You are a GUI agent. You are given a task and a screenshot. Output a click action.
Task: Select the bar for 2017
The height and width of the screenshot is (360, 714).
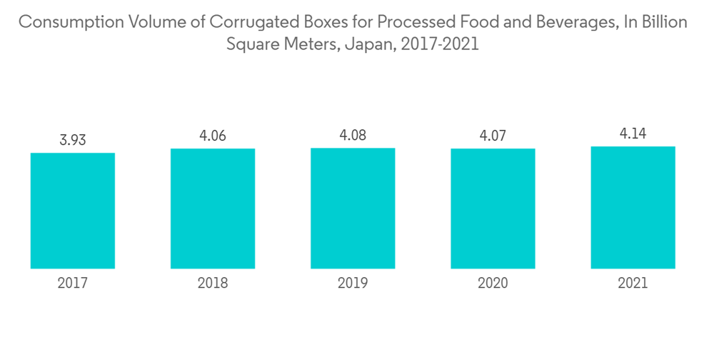tap(73, 211)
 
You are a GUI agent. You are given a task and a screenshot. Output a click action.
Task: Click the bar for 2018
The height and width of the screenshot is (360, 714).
tap(213, 209)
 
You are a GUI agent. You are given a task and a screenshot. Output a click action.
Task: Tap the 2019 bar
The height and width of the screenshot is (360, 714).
tap(353, 209)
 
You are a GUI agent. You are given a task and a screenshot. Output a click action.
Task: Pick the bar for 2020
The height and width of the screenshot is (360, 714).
tap(493, 209)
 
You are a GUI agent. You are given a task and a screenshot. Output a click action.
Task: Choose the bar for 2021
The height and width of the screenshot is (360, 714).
tap(633, 208)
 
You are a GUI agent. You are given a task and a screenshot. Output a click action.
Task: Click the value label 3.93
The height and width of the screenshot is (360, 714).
tap(73, 140)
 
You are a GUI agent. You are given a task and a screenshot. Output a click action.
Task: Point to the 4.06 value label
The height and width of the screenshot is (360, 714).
tap(213, 136)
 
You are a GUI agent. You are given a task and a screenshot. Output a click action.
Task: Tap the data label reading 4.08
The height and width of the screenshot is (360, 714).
tap(353, 135)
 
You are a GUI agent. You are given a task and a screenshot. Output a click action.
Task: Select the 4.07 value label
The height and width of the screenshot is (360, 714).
tap(493, 136)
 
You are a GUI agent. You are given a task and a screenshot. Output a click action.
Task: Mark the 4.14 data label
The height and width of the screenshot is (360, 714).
tap(633, 134)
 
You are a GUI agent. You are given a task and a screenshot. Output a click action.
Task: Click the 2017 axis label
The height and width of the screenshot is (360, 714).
tap(73, 284)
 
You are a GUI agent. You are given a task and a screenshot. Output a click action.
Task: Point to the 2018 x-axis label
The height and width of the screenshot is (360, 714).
tap(213, 284)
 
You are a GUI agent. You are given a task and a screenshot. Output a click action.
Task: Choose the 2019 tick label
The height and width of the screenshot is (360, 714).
tap(353, 284)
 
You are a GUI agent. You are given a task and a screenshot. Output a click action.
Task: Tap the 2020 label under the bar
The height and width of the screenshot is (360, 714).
tap(493, 284)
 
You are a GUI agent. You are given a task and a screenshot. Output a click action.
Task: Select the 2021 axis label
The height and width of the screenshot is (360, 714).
tap(633, 284)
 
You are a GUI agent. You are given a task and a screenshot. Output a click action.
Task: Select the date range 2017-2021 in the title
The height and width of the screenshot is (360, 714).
tap(440, 45)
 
